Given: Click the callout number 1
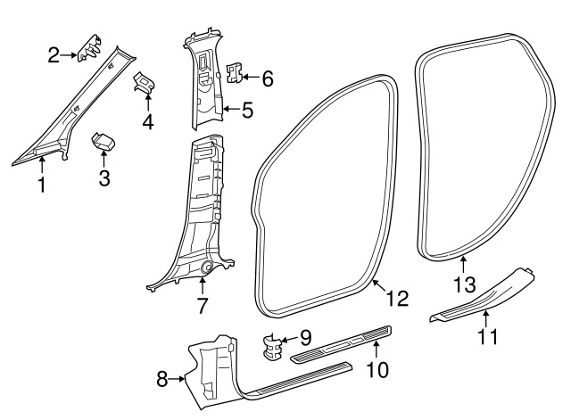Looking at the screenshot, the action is (42, 185).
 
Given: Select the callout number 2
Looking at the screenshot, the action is (54, 55).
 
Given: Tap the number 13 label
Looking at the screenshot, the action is (465, 284).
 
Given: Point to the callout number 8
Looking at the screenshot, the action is (162, 379).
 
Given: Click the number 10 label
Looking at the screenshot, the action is (377, 370).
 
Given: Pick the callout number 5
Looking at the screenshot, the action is (247, 110).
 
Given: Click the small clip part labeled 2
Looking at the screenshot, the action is (89, 48).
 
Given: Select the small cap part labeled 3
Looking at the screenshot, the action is (103, 141).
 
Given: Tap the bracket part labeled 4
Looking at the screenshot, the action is (145, 82).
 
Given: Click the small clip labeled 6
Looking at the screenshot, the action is (235, 72).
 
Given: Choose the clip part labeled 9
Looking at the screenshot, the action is (272, 347).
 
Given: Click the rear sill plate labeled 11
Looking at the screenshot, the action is (483, 295).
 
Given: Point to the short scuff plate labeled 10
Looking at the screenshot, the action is (341, 344).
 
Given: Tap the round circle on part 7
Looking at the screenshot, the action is (207, 268).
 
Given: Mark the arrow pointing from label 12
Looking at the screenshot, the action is (380, 285).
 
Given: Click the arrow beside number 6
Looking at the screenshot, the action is (251, 77).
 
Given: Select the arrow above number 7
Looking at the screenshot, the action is (202, 285).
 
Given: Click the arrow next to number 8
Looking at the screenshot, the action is (177, 379).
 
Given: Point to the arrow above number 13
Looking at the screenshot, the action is (463, 265).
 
